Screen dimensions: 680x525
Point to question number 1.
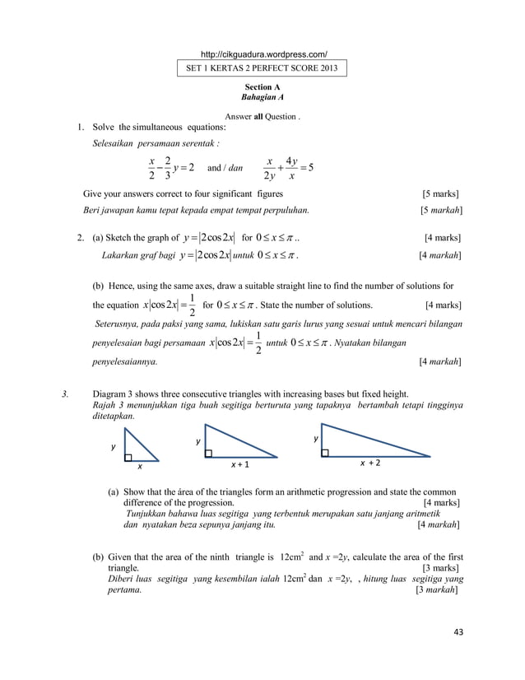coord(81,128)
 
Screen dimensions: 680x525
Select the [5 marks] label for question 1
coord(441,194)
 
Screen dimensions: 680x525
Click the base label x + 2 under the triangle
coord(369,464)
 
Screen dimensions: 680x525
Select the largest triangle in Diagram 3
coord(362,442)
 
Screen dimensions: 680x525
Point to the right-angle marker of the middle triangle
coord(209,453)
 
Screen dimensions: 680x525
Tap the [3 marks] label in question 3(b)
coord(441,568)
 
